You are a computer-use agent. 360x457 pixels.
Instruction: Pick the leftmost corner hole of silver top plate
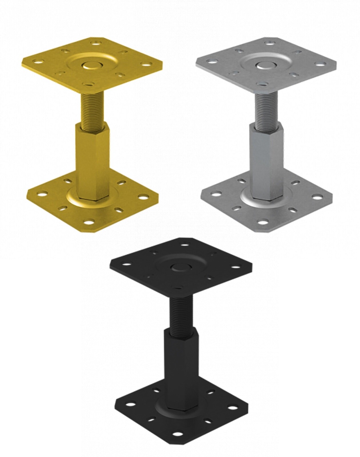click(212, 61)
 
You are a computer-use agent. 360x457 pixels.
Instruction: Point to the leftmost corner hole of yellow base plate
click(43, 194)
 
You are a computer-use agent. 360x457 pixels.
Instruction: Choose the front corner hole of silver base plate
click(265, 222)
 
